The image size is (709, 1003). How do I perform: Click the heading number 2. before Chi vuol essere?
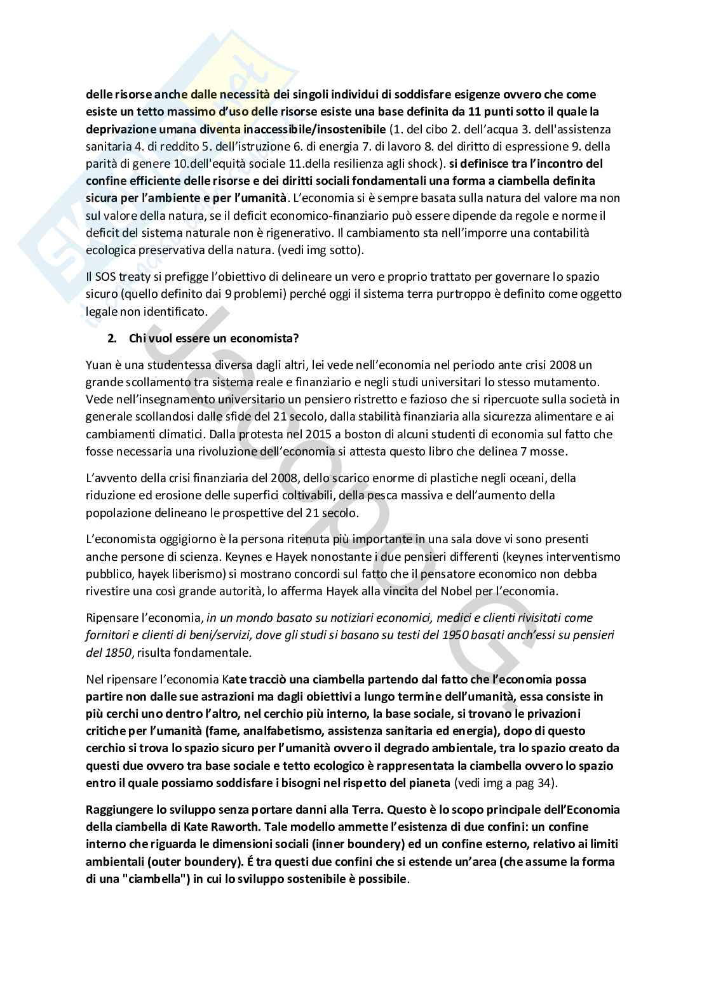[112, 339]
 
